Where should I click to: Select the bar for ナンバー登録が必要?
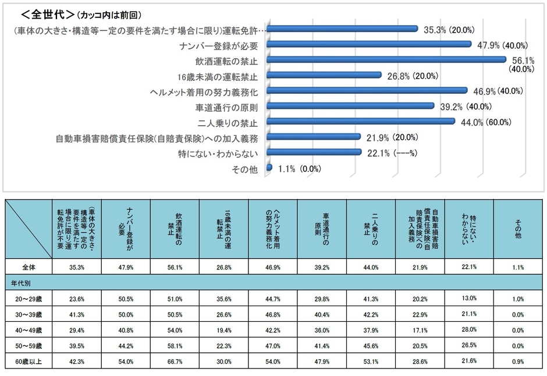[370, 44]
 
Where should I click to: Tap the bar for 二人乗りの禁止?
[361, 122]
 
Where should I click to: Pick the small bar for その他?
[269, 168]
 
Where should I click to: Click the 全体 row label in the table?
[29, 267]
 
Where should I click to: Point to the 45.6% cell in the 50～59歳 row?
[371, 346]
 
